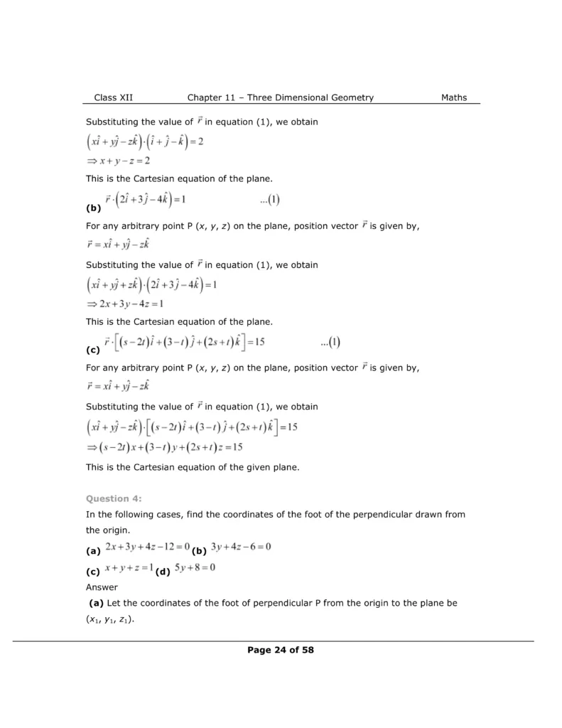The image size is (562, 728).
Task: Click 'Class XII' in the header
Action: [114, 97]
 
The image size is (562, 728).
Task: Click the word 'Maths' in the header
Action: [453, 97]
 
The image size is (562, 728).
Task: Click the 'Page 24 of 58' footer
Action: [281, 649]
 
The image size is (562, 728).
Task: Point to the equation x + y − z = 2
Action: [118, 161]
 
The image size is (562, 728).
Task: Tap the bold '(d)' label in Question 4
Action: [163, 572]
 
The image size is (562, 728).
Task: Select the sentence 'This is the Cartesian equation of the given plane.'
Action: [192, 467]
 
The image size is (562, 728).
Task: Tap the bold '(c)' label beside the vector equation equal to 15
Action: [92, 350]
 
